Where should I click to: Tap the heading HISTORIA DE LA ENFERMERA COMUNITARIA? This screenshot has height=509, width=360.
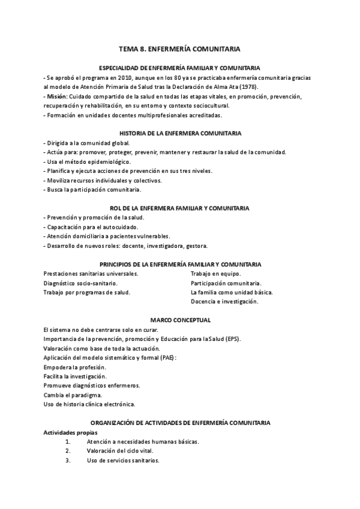(x=180, y=133)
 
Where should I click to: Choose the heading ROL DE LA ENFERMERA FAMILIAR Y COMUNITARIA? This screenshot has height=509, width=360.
(x=180, y=208)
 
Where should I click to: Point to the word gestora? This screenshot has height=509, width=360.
(x=196, y=245)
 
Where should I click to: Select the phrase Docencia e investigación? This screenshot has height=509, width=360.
(x=224, y=301)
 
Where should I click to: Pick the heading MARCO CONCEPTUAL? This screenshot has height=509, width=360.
(x=180, y=319)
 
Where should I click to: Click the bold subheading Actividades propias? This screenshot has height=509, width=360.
(x=70, y=432)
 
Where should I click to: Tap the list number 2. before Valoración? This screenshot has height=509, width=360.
(x=68, y=451)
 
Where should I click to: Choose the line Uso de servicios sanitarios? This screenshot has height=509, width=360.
(x=123, y=460)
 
